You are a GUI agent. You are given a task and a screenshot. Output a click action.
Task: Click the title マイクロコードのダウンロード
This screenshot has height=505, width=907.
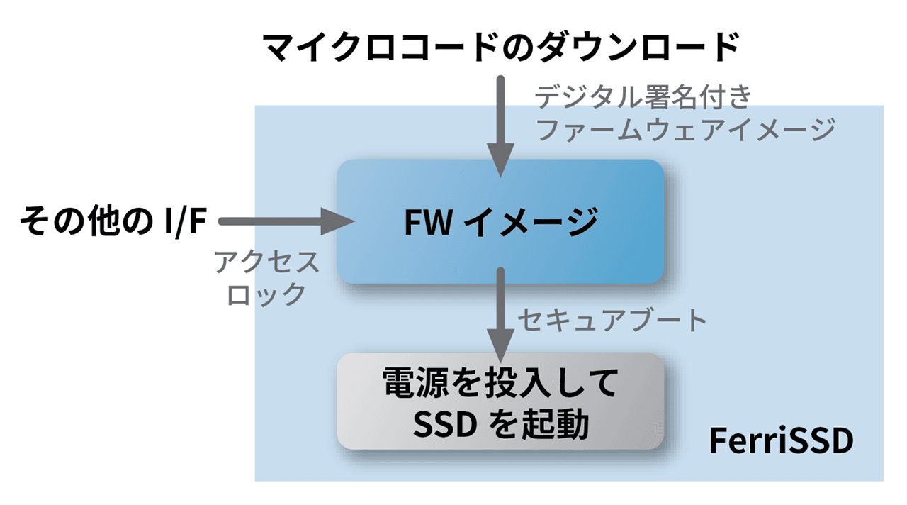500,49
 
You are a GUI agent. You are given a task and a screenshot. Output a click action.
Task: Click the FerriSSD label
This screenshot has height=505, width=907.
781,442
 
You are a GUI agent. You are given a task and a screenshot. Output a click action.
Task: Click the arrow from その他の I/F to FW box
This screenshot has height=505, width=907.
283,221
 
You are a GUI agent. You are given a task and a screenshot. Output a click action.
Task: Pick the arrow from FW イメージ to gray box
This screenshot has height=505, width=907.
500,312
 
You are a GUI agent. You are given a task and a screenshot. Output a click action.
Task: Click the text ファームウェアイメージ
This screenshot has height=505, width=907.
685,130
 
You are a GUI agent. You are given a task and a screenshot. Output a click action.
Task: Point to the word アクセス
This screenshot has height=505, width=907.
267,263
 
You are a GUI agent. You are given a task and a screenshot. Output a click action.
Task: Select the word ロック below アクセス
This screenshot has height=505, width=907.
266,294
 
